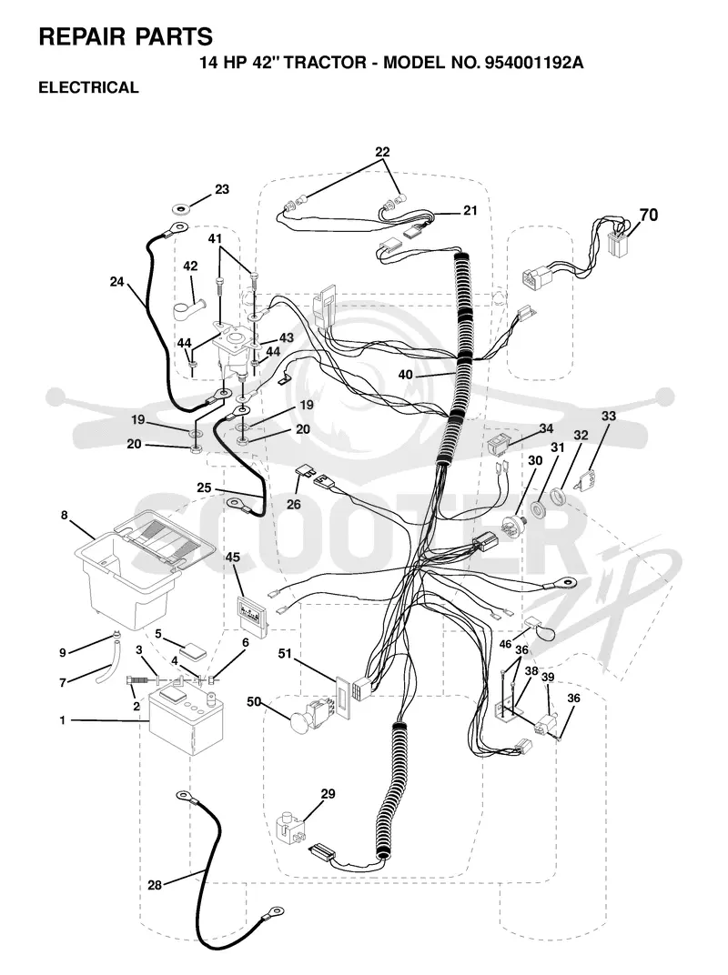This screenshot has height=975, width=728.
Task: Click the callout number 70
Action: point(648,216)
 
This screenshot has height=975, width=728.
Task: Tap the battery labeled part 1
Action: point(187,722)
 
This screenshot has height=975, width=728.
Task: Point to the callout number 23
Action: point(222,190)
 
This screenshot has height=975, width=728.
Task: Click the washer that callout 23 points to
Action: point(181,207)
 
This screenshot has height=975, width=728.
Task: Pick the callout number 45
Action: point(232,558)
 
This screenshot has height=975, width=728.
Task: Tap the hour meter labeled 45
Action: point(253,615)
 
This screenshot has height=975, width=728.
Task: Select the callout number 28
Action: point(155,884)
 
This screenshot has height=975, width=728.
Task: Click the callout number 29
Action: point(328,793)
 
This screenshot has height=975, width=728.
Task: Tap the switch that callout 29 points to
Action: point(290,827)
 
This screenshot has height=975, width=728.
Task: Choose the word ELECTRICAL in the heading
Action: point(88,87)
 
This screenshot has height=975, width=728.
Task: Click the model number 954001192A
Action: point(531,63)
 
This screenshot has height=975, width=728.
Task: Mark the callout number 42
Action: point(190,266)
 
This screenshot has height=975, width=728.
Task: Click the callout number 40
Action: point(405,375)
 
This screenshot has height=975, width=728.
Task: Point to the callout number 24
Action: point(117,282)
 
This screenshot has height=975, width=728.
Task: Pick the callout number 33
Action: point(609,416)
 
